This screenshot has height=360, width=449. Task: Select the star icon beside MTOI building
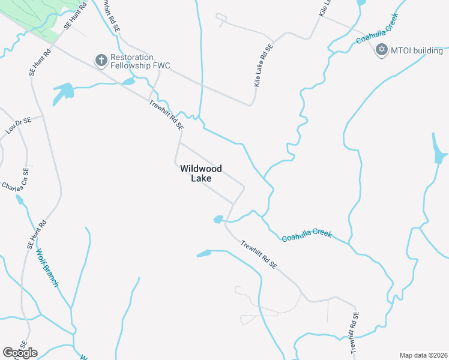(381, 50)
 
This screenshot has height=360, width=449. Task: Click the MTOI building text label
(417, 50)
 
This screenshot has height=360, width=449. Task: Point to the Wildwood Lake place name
(201, 173)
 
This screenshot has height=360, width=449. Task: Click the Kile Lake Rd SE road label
(264, 66)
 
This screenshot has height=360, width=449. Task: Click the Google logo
(20, 353)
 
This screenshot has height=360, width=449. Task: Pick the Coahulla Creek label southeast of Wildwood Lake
(307, 235)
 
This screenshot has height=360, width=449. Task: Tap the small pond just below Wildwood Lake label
(218, 220)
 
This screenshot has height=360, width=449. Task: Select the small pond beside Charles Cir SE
(20, 199)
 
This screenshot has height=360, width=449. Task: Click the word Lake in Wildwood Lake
(201, 178)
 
